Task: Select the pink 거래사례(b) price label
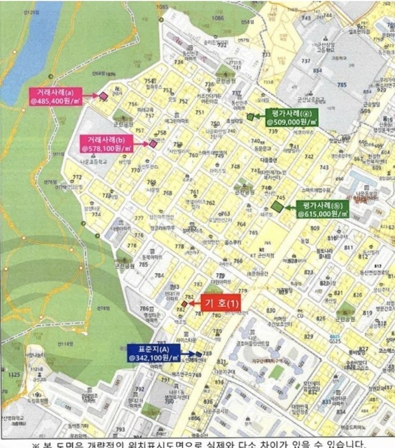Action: point(106,144)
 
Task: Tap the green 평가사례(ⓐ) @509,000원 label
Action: point(291,117)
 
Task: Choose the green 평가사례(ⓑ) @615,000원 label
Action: point(322,209)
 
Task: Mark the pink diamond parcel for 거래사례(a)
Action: point(103,96)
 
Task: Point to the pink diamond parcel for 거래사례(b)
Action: point(153,144)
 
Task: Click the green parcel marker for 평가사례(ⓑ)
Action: point(277,207)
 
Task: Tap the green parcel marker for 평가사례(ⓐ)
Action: point(251,117)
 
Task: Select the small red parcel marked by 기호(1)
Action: point(184,304)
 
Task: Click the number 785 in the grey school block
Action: point(342,85)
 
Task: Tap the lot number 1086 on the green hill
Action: point(217,18)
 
